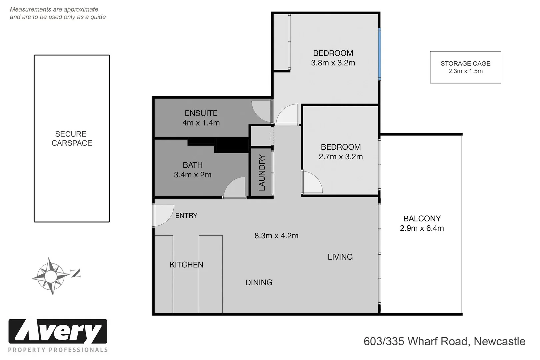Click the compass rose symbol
pos(51,276)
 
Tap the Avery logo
pos(58,332)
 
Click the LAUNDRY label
pos(262,173)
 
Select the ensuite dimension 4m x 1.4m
pos(201,123)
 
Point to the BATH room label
pos(193,165)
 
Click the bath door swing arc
pos(235,187)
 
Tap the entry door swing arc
pos(163,215)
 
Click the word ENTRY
pos(186,216)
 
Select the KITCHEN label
pos(186,265)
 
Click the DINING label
pos(259,283)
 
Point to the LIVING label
pos(340,257)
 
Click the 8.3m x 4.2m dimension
pos(276,236)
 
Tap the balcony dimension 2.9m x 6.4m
pos(422,228)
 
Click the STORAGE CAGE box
pos(465,67)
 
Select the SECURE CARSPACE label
pos(71,139)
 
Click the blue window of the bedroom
pos(379,54)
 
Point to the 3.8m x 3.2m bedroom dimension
pos(333,63)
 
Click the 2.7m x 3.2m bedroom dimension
pos(341,157)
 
